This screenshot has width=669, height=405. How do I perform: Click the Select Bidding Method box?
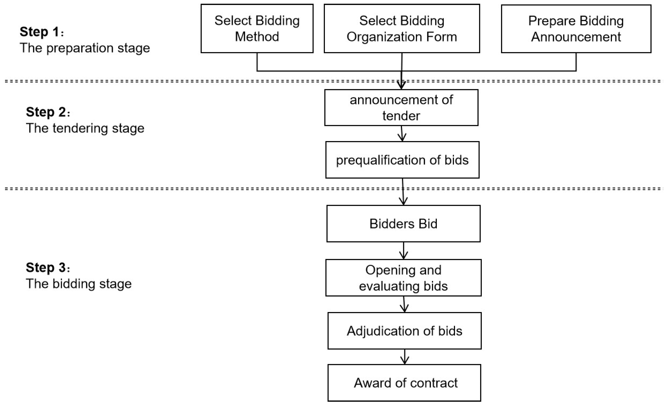point(257,28)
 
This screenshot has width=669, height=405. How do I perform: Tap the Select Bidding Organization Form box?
point(402,28)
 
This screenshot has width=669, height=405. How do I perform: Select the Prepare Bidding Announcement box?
point(576,28)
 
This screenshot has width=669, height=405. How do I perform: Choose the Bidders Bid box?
point(403,223)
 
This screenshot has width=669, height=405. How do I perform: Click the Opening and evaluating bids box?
point(403,278)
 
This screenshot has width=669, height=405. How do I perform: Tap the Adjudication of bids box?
point(404,331)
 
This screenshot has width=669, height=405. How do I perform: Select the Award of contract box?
point(404,383)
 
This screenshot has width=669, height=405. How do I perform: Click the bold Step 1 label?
point(39,32)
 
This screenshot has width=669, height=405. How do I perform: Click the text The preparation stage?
point(85,48)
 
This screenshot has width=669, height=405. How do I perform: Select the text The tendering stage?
point(85,128)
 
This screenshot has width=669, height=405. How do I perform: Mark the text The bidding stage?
point(79,284)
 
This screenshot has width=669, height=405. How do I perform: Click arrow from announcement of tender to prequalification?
point(402,134)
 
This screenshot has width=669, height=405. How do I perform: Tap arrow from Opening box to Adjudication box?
point(404,304)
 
